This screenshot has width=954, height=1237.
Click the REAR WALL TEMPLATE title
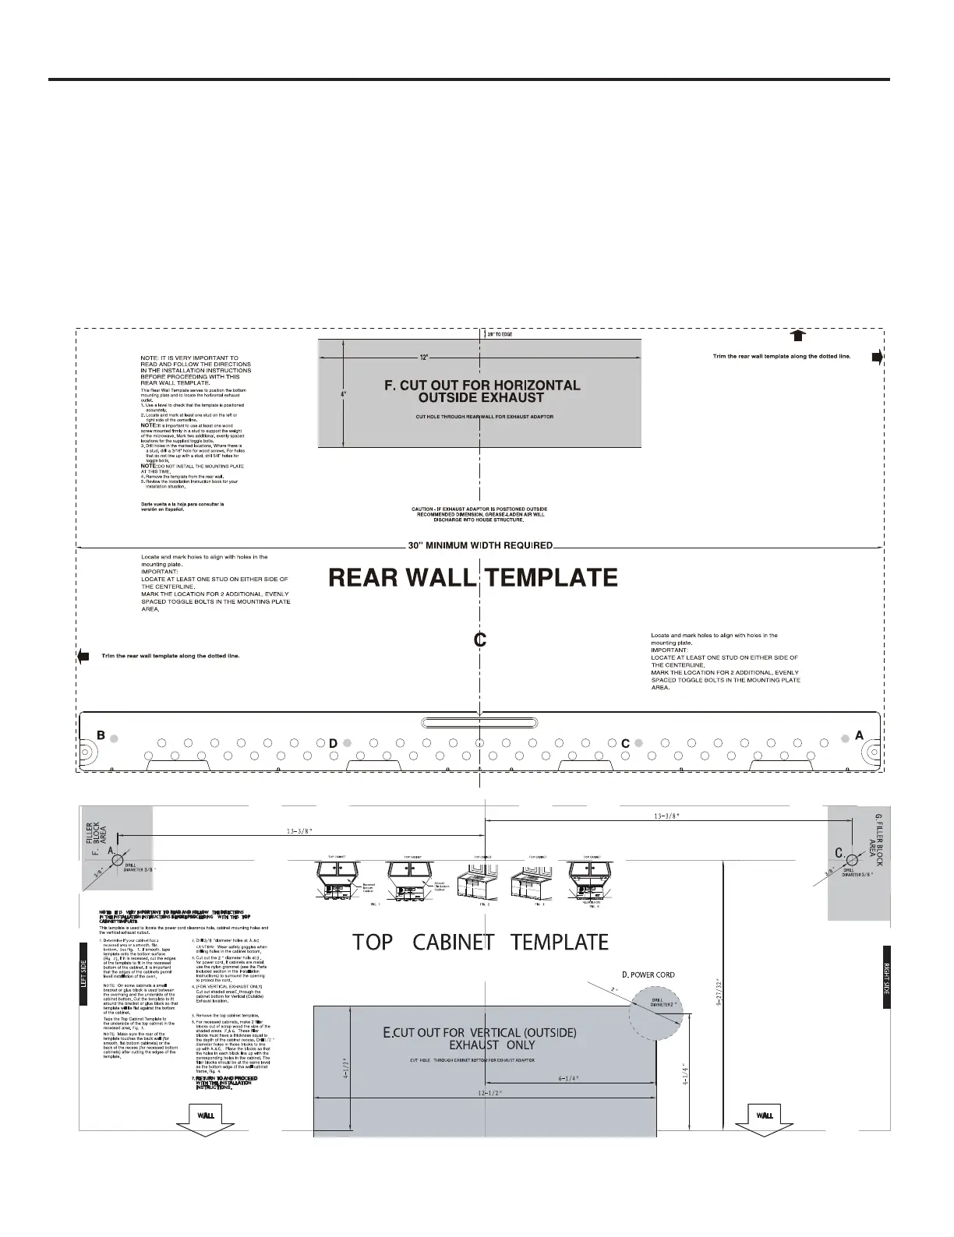click(x=473, y=577)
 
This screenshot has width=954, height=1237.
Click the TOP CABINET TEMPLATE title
click(x=480, y=942)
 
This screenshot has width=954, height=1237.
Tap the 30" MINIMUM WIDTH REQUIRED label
click(x=480, y=545)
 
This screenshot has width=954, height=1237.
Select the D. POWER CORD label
click(x=648, y=974)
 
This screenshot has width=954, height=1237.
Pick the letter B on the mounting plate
click(x=101, y=735)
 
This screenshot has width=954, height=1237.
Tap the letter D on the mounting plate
click(x=332, y=744)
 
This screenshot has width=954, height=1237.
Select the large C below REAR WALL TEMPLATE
click(x=480, y=640)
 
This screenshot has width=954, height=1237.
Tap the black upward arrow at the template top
click(x=797, y=336)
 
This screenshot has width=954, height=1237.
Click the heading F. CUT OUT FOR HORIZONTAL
click(x=482, y=385)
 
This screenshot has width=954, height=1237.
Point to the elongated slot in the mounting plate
click(x=479, y=721)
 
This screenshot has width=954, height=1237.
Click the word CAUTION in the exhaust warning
click(x=426, y=509)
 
